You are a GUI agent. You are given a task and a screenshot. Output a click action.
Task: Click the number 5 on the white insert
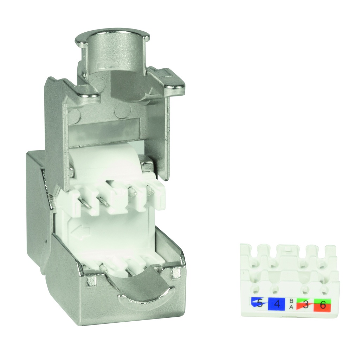(x=259, y=303)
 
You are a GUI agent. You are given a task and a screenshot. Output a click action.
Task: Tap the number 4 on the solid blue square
(x=276, y=303)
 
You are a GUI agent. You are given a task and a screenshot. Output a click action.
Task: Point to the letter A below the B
(x=291, y=307)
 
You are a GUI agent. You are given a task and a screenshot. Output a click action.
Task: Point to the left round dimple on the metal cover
(x=75, y=113)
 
